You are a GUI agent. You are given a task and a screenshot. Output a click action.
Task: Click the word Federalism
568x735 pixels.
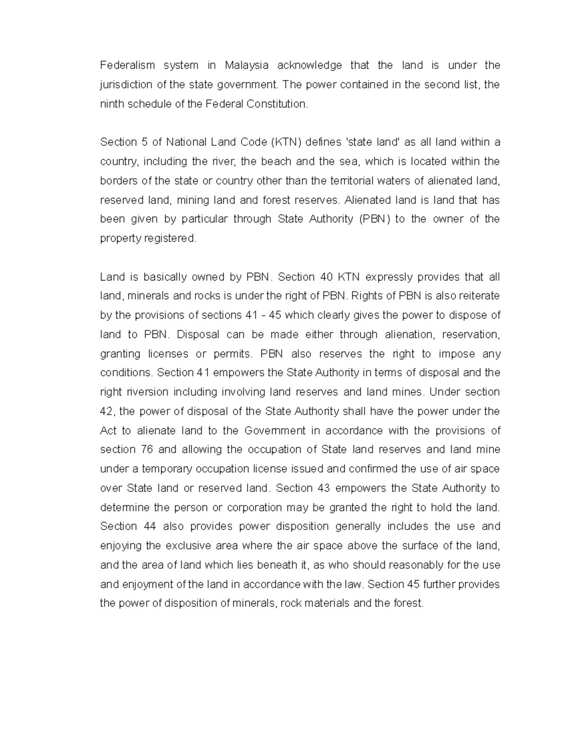[127, 65]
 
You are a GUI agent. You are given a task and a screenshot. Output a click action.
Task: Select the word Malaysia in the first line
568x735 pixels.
[247, 65]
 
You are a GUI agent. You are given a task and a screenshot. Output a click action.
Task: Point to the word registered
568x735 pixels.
[172, 239]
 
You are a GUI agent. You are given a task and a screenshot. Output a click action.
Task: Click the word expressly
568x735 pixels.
[386, 277]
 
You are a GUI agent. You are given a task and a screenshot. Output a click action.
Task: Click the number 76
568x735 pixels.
[146, 450]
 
